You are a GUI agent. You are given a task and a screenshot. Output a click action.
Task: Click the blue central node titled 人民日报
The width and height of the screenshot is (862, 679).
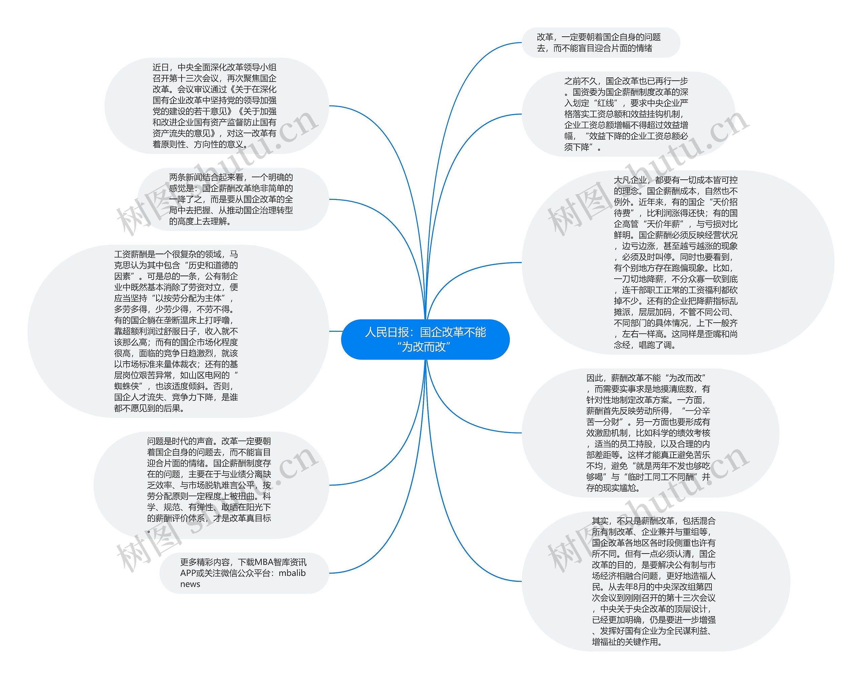click(x=425, y=339)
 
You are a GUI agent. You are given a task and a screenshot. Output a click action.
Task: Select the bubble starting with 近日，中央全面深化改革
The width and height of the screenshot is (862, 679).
click(x=217, y=106)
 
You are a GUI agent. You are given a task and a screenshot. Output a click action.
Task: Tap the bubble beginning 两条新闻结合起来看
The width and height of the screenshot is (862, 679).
click(x=233, y=199)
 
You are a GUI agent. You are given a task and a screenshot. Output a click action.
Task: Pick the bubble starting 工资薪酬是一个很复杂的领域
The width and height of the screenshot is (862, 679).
click(x=178, y=331)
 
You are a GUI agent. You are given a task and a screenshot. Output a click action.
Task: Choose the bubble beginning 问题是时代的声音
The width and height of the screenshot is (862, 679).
click(x=211, y=485)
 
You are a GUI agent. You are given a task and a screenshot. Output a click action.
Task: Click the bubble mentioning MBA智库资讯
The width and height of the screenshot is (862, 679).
click(x=244, y=573)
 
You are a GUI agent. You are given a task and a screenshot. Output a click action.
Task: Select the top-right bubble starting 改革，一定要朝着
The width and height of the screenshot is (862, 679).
click(x=600, y=42)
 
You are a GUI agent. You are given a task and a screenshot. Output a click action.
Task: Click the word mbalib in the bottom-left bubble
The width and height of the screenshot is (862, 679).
click(x=292, y=573)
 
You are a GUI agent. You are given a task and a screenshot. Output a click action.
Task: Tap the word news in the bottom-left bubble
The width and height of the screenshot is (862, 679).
click(x=190, y=584)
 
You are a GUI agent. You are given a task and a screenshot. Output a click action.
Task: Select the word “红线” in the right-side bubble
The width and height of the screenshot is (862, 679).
click(x=606, y=103)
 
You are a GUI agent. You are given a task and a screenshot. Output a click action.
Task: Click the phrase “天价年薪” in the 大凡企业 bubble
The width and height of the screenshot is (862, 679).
click(x=662, y=224)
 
